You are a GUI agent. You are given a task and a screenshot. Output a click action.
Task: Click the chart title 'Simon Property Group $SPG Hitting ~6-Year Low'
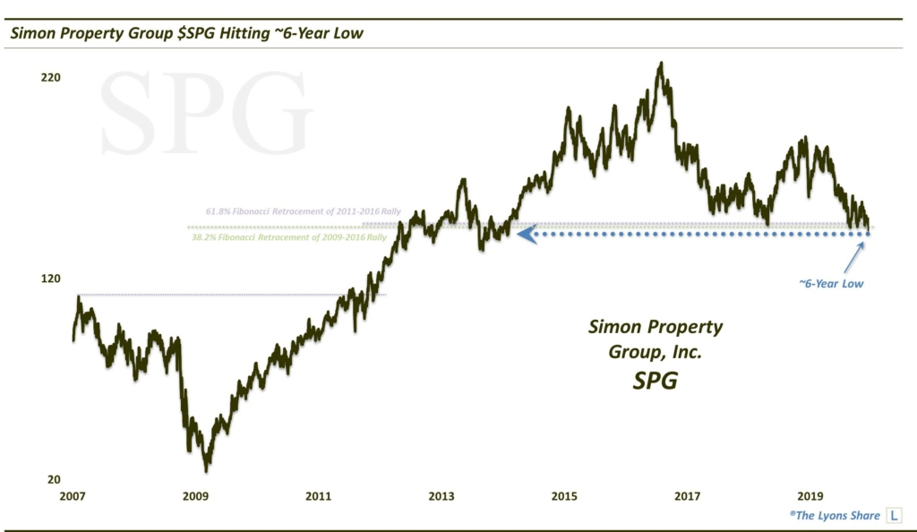187,34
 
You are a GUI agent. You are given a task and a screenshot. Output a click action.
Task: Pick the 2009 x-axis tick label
195,496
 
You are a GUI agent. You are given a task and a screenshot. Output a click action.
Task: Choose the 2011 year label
318,496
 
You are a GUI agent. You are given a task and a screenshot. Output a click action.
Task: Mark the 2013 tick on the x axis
441,496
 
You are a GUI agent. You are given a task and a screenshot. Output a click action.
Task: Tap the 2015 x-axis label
564,496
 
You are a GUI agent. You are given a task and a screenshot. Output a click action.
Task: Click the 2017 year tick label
687,496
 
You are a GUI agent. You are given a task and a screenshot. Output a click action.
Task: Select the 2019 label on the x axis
810,496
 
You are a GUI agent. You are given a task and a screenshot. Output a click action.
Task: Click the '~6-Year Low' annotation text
831,283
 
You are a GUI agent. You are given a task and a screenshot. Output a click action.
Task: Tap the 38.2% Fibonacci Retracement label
289,237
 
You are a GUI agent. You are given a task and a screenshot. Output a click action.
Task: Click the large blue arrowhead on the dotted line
527,234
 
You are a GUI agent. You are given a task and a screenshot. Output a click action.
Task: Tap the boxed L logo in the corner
895,515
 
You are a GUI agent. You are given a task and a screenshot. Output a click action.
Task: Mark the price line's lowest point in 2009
207,470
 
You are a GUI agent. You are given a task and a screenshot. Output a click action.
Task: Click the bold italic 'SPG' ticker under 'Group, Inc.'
655,380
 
